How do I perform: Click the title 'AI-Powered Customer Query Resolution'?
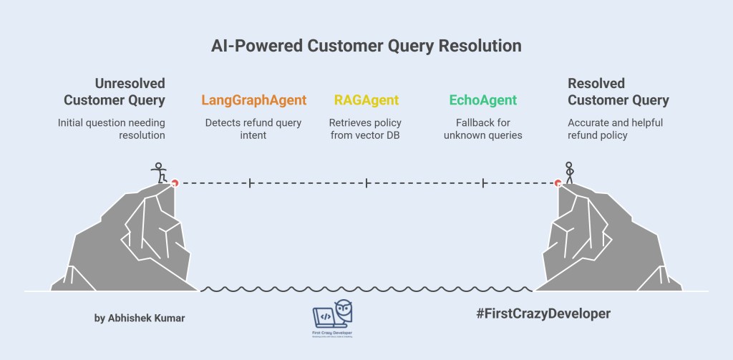(366, 46)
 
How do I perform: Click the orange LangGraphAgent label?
(254, 100)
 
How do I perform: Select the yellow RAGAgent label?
(366, 100)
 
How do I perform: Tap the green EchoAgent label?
(482, 100)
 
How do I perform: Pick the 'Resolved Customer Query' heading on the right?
(618, 92)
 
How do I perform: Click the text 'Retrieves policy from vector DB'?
(366, 129)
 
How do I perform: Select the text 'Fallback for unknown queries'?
(482, 129)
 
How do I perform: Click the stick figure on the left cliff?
(159, 172)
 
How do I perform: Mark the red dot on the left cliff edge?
(174, 183)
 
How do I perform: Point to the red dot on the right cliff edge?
(558, 183)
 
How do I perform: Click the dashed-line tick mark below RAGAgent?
(366, 184)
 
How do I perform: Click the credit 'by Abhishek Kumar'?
(140, 318)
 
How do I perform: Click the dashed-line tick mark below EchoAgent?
(484, 184)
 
